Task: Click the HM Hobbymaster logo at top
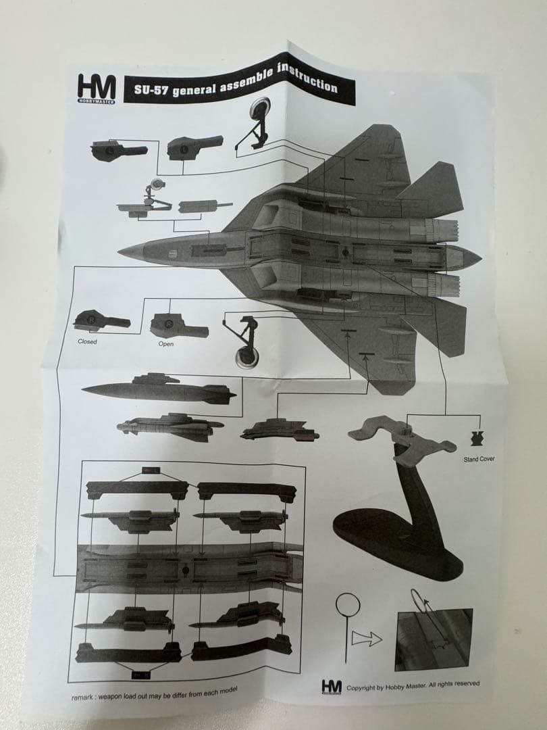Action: pos(97,88)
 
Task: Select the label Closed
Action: pos(87,342)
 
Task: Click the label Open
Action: pos(166,344)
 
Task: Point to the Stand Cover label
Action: pos(478,460)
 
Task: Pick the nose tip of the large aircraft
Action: pos(122,252)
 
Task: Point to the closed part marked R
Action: pos(101,320)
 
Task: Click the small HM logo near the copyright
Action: pos(331,686)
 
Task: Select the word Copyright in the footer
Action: pos(363,687)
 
